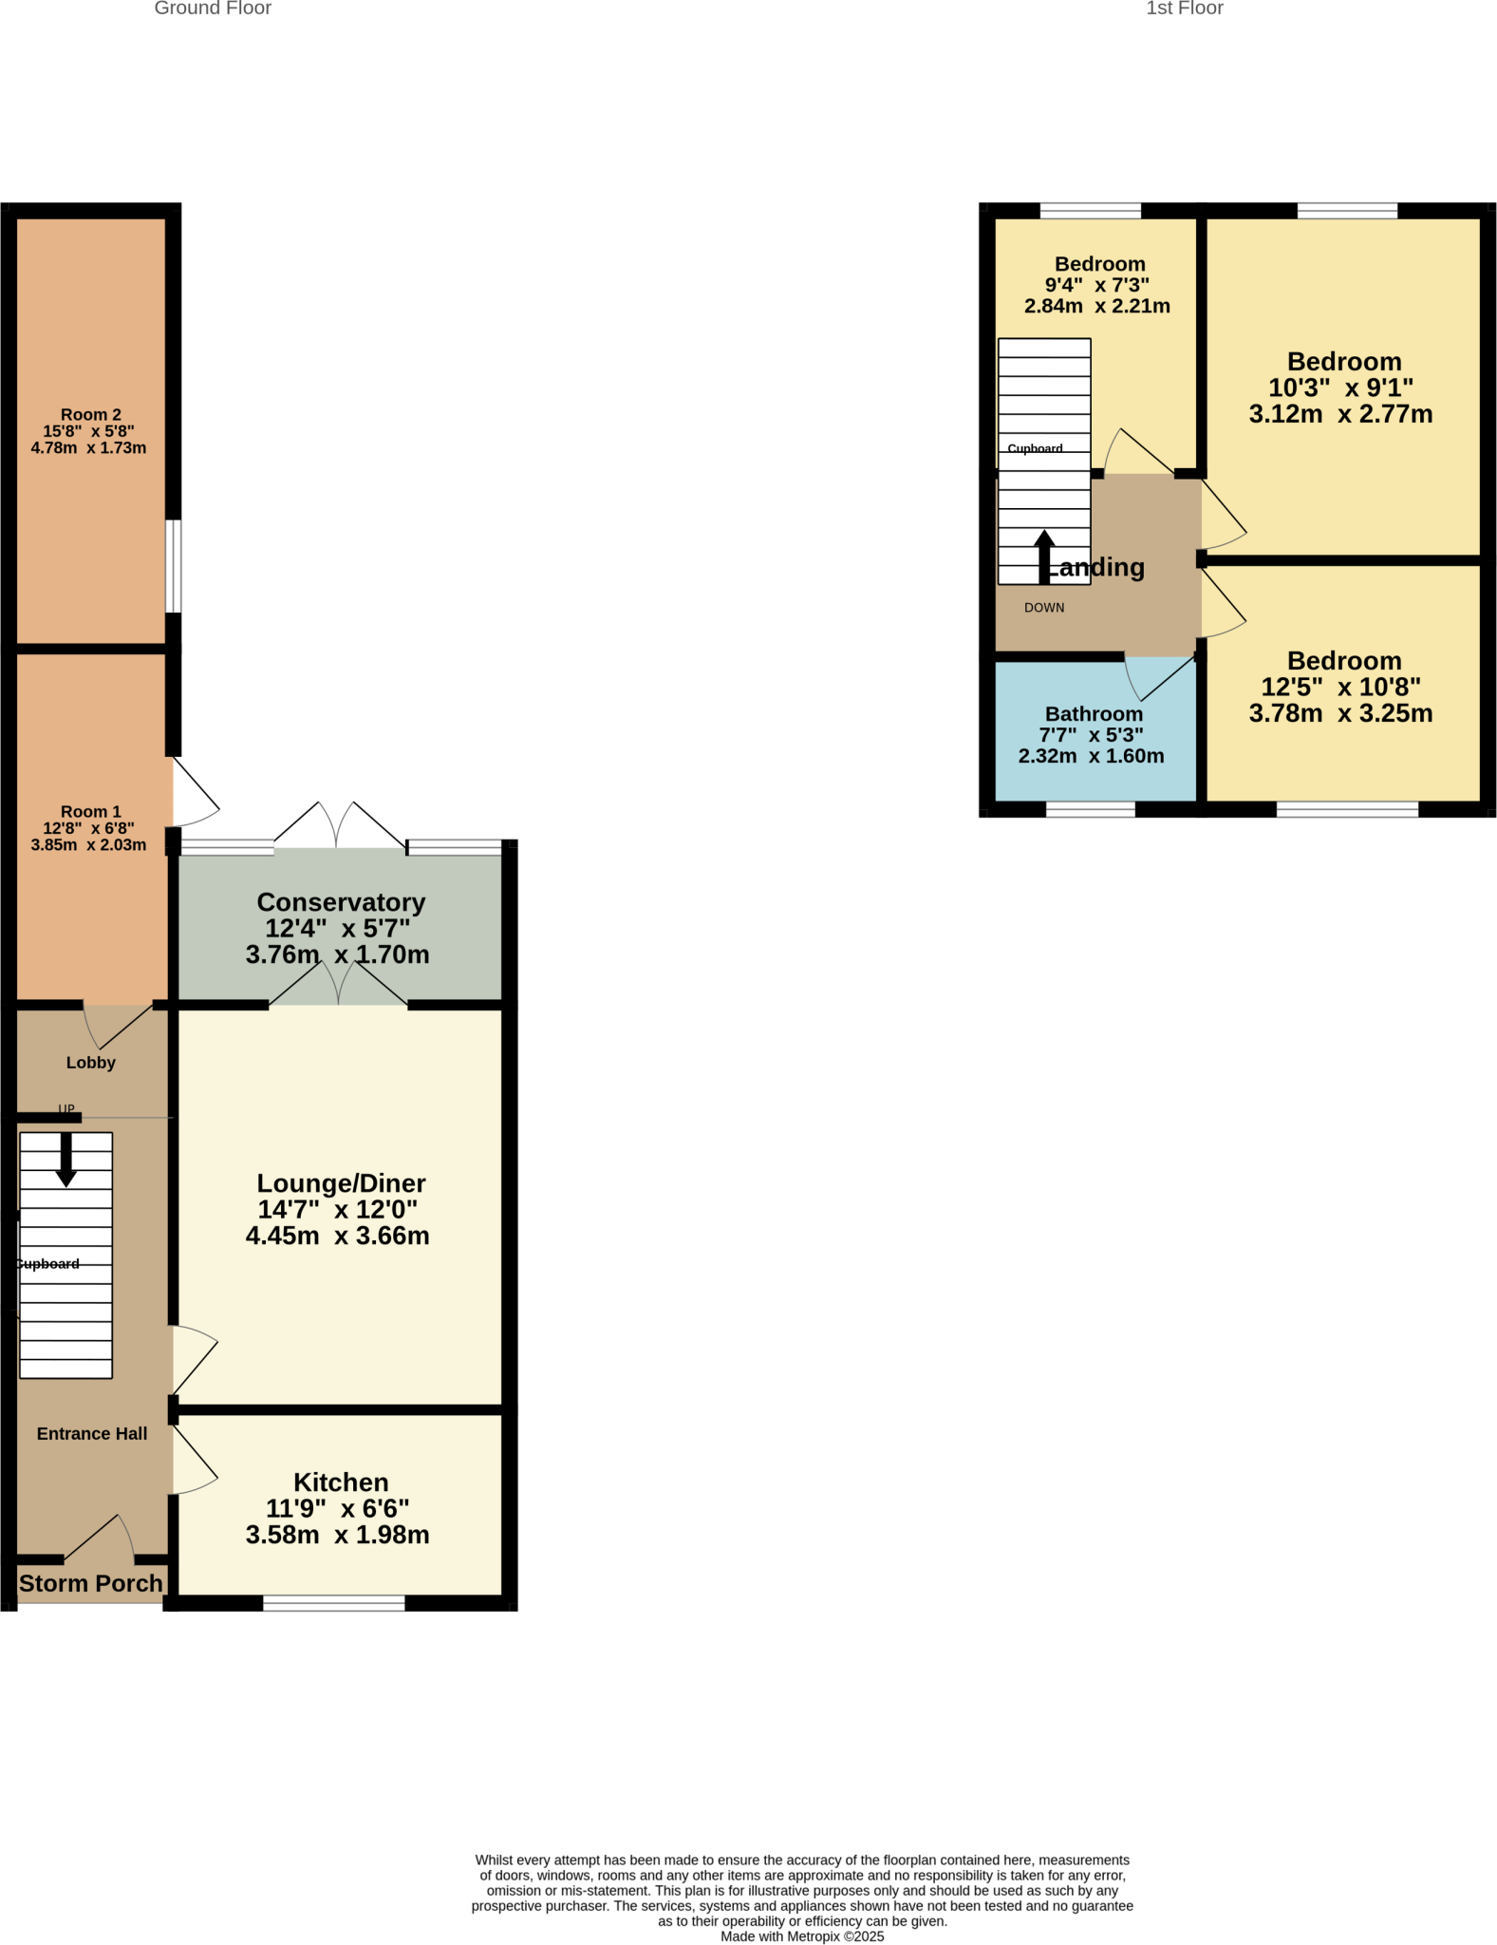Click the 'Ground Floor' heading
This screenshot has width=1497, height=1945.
[213, 9]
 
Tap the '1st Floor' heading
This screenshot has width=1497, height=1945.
[1184, 9]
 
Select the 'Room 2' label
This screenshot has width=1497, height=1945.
[91, 415]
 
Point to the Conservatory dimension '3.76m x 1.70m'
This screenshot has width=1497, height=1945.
[337, 954]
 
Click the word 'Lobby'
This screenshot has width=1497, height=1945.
[91, 1063]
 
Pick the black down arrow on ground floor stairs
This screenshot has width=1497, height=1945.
[65, 1160]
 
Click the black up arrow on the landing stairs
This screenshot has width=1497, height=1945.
[1044, 557]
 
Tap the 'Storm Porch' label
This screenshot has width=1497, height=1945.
[91, 1583]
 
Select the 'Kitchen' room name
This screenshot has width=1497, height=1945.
[341, 1482]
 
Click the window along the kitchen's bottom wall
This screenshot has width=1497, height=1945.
[333, 1603]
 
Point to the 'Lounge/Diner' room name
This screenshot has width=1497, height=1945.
[341, 1183]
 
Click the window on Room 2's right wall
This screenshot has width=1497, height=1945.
[174, 566]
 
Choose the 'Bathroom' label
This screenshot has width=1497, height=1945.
[1094, 714]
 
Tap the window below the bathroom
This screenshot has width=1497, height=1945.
[1090, 810]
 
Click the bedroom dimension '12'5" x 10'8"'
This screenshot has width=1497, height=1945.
[1340, 687]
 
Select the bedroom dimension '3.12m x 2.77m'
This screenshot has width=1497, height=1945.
[1340, 414]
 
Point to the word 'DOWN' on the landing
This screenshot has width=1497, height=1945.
[1044, 608]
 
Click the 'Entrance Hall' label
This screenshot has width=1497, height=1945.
[92, 1434]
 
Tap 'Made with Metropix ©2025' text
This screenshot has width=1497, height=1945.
[802, 1936]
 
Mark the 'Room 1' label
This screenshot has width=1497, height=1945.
[91, 812]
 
